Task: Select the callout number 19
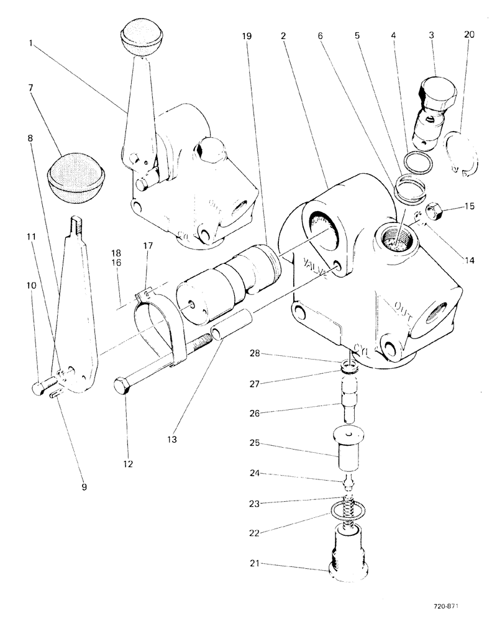click(247, 37)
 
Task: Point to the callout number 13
click(171, 439)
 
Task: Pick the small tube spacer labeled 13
click(232, 325)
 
